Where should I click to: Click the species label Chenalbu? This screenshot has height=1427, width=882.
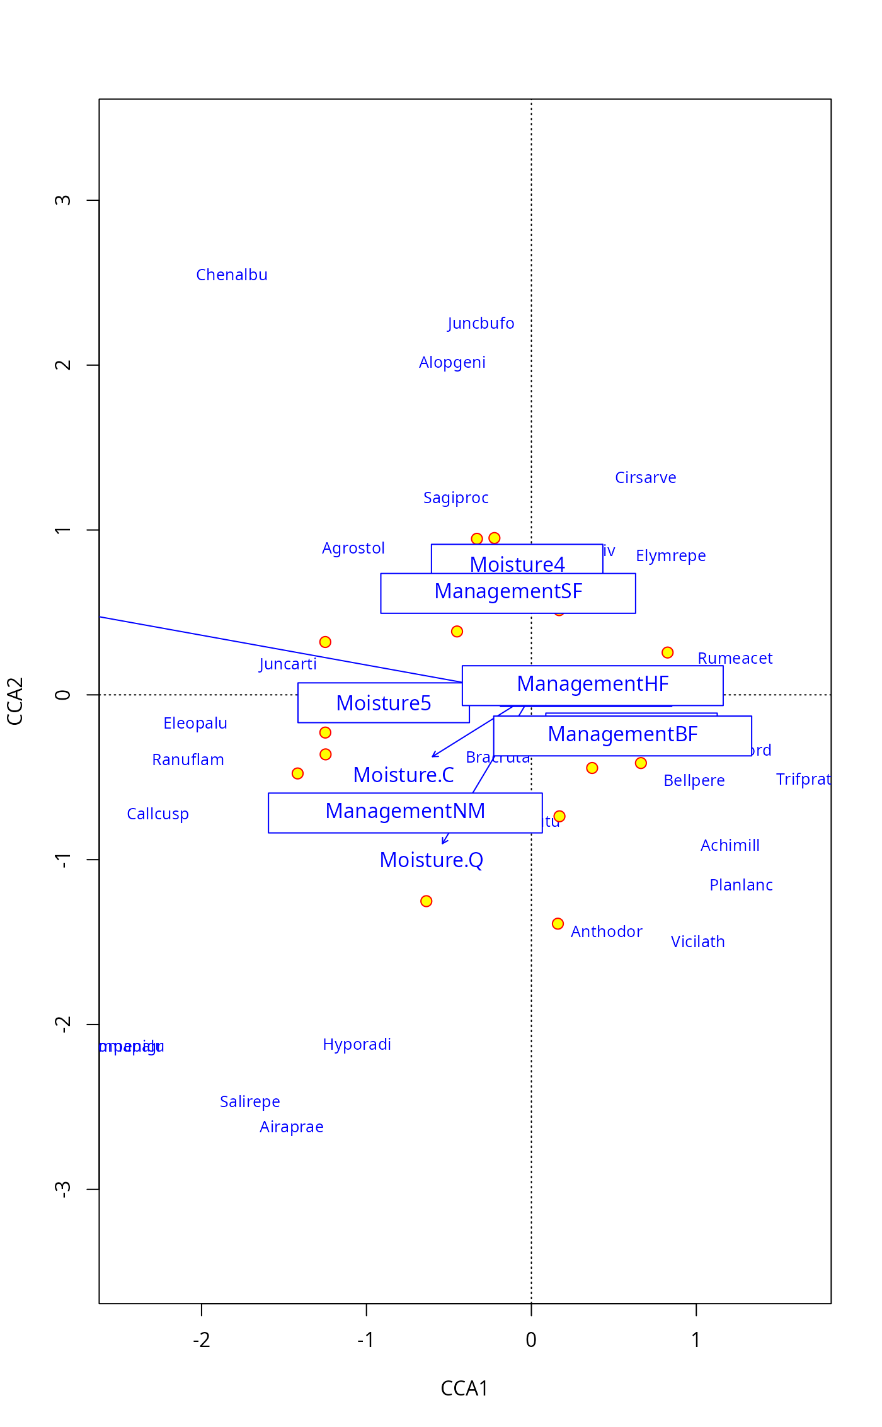[232, 275]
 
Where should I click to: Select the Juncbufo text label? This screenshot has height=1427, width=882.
[481, 324]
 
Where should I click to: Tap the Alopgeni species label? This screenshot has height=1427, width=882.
[452, 363]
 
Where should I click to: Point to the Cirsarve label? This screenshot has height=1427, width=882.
[645, 478]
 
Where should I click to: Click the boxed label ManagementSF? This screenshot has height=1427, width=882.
[508, 593]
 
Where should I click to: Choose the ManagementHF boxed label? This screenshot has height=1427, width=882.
[592, 685]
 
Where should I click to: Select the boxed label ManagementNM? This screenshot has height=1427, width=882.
[405, 812]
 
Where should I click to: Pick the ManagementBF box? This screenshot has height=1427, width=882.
[622, 735]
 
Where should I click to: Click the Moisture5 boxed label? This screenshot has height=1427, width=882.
[383, 703]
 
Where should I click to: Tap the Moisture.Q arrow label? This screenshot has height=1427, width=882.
[431, 860]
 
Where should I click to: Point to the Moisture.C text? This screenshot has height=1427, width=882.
[403, 775]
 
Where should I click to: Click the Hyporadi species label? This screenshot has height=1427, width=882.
[357, 1045]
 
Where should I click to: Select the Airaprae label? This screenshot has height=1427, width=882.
[291, 1127]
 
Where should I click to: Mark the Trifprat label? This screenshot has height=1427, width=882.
[803, 780]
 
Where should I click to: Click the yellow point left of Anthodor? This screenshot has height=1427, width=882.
[558, 924]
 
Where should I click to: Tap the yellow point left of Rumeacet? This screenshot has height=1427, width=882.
[668, 652]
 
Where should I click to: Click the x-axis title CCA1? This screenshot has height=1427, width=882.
[464, 1389]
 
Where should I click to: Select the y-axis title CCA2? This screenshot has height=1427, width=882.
[15, 701]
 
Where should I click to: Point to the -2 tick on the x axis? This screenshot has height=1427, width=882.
[202, 1340]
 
